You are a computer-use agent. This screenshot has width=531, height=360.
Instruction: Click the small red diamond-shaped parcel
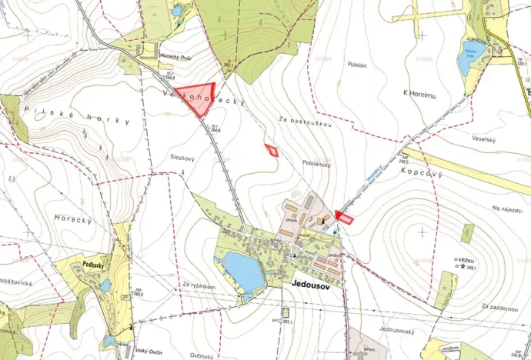(x=271, y=149)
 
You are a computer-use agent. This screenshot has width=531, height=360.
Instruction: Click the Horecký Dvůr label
(x=175, y=57)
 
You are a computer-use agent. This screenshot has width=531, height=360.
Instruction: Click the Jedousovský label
(x=397, y=331)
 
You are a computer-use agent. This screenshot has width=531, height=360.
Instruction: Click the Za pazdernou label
(x=499, y=306)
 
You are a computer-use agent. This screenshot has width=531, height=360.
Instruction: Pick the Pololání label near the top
(x=356, y=65)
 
